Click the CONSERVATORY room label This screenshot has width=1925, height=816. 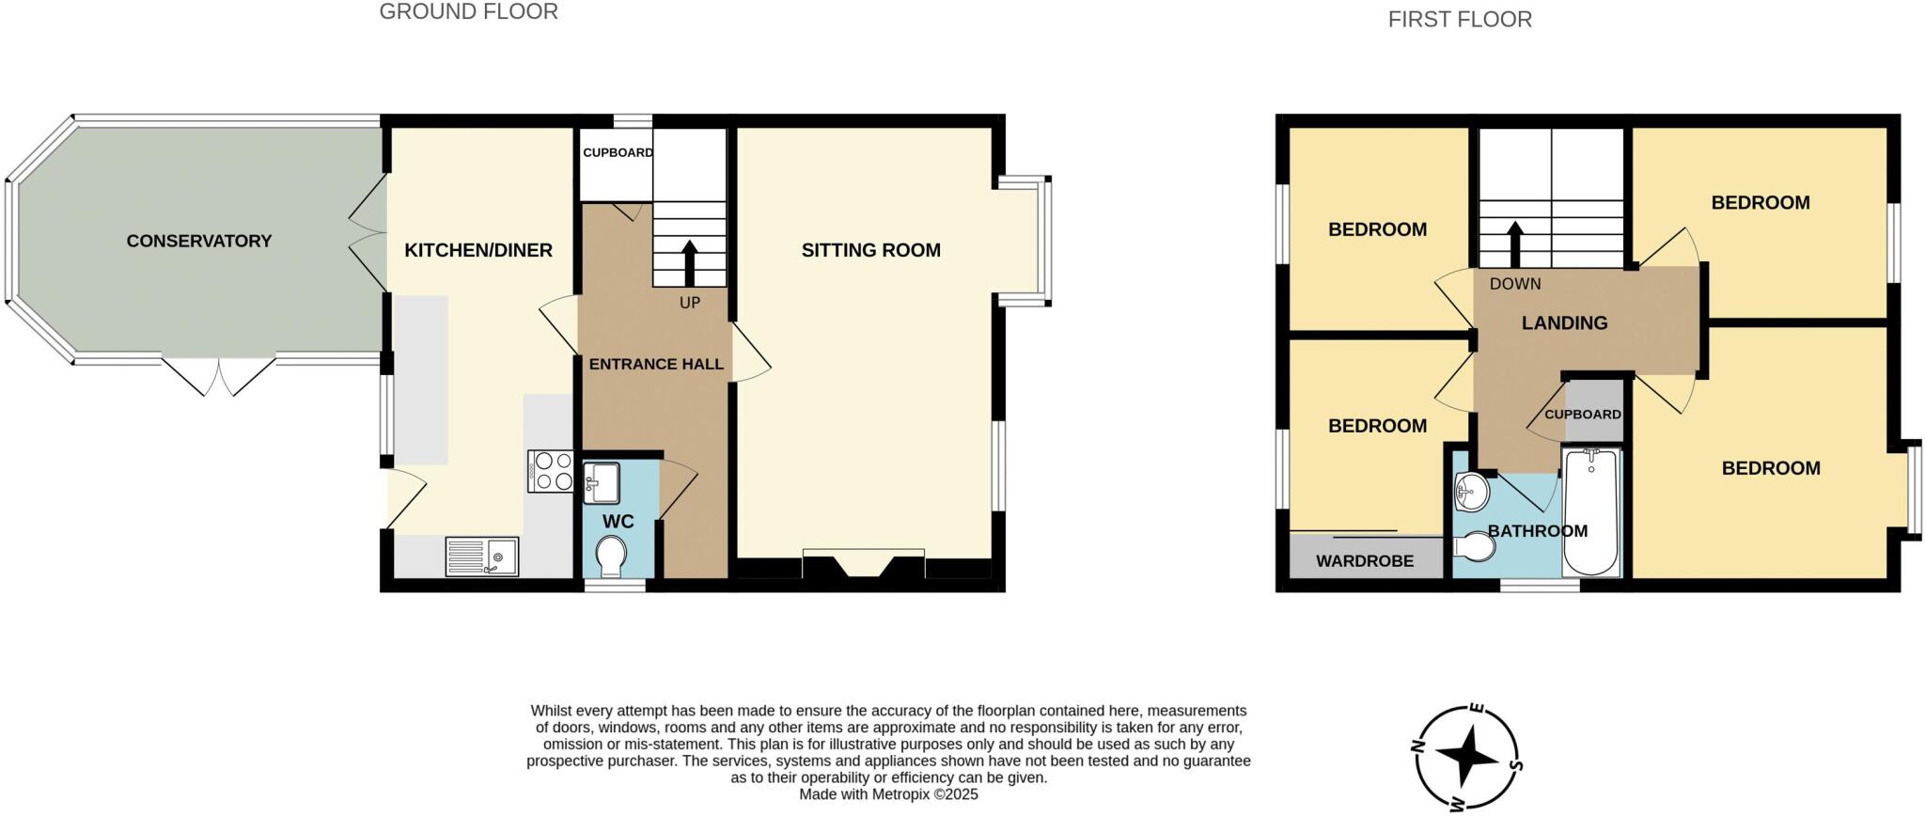click(198, 242)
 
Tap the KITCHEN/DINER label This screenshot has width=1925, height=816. click(477, 250)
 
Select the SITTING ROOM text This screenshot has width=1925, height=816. click(870, 250)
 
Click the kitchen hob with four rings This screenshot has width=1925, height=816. click(551, 471)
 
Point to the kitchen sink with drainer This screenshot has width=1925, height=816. click(482, 557)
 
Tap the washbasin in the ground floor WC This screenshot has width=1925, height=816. click(601, 483)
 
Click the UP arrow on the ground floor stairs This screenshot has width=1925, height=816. click(690, 262)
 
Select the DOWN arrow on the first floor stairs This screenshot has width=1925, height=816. click(1515, 243)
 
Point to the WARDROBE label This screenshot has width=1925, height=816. click(1364, 561)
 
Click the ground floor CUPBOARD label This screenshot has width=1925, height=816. click(618, 152)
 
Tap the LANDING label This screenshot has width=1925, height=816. click(1564, 323)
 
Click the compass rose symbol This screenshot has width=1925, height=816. click(1464, 759)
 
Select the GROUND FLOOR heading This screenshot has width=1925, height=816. click(468, 12)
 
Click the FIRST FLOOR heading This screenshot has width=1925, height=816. click(1459, 20)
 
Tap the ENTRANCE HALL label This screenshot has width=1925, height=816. click(656, 365)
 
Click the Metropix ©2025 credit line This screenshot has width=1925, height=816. click(888, 794)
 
